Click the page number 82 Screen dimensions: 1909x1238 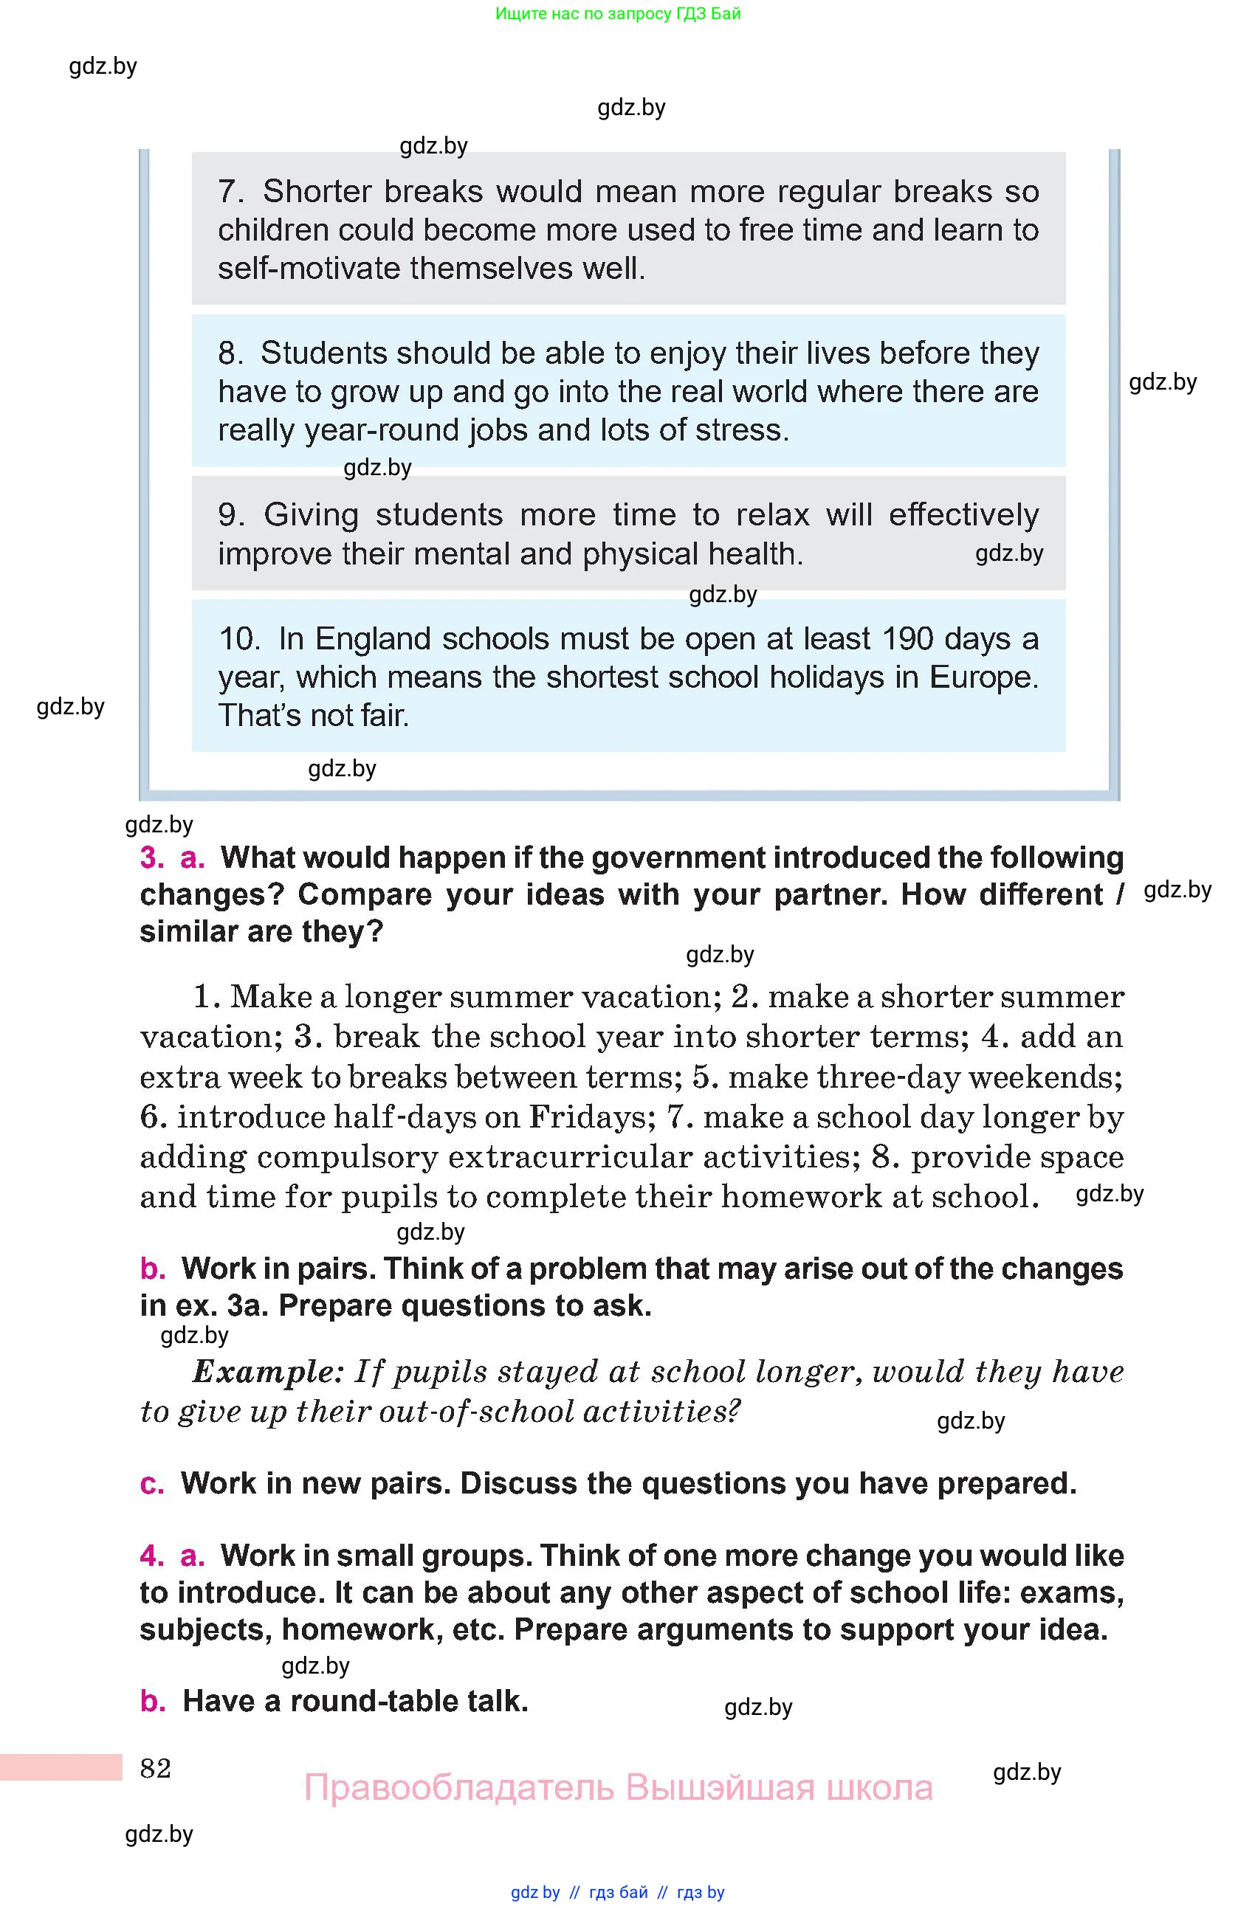[155, 1768]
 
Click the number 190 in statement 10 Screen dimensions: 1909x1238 [907, 638]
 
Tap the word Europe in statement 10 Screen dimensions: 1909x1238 [983, 677]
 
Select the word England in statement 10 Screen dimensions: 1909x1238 [373, 638]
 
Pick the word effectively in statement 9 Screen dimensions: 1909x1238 [963, 514]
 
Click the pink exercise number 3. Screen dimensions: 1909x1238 [151, 857]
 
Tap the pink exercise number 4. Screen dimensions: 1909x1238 [151, 1556]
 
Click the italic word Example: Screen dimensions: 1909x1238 [268, 1372]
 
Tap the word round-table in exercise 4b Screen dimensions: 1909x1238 [376, 1700]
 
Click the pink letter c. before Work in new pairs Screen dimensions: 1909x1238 [151, 1483]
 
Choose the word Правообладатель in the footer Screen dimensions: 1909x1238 [459, 1787]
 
